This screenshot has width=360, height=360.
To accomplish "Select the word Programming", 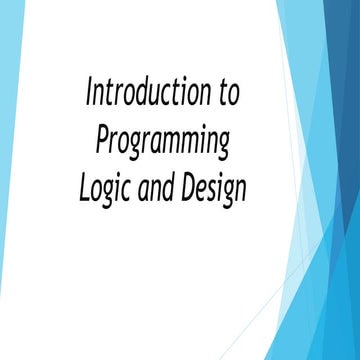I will [x=163, y=140].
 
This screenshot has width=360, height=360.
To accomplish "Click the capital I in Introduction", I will [x=90, y=95].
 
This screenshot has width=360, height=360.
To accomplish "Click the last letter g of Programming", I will [x=223, y=144].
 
